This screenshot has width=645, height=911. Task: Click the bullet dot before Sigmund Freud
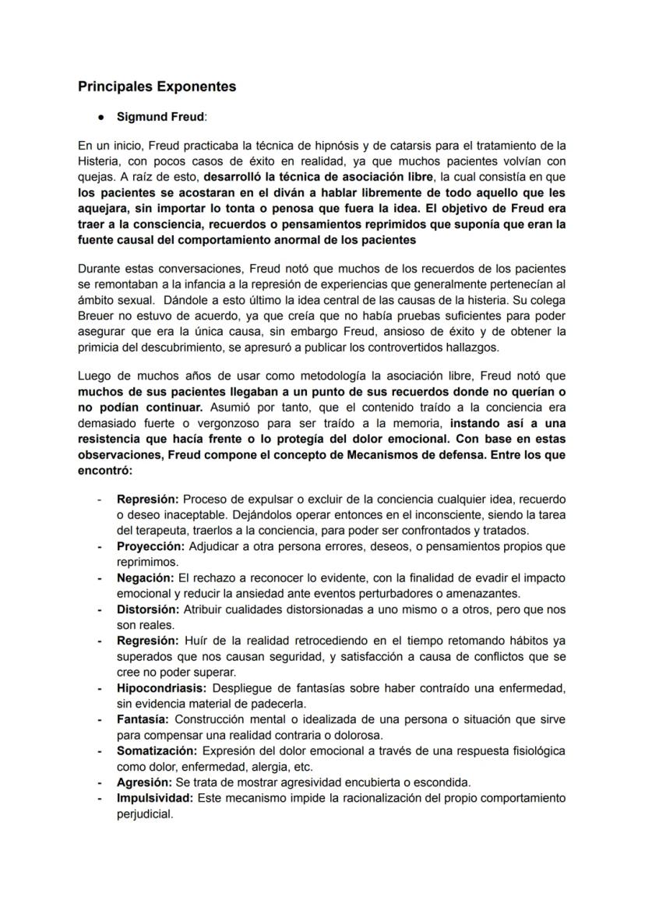pos(101,117)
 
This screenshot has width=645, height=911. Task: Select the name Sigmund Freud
pos(160,117)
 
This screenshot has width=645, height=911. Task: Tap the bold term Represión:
pos(148,499)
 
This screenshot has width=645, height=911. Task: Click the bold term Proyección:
pos(150,546)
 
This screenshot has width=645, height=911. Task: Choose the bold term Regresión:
pos(148,641)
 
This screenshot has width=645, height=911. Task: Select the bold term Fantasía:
pos(144,719)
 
